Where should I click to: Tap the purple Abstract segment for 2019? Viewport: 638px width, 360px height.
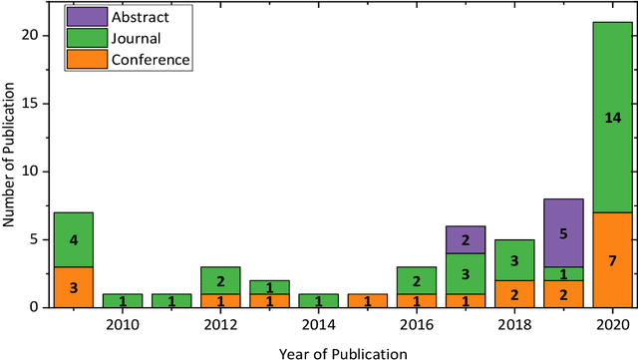click(x=562, y=232)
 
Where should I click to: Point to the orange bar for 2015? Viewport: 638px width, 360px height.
click(x=368, y=300)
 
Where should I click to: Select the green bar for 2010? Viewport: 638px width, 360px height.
click(x=122, y=300)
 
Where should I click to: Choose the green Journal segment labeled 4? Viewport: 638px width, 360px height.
click(x=73, y=239)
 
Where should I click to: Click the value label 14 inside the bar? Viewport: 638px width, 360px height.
click(x=612, y=118)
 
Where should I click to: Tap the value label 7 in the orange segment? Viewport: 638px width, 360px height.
click(x=612, y=260)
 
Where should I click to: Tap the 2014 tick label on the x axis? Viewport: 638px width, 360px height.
click(x=319, y=324)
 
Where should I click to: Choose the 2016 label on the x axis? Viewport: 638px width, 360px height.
click(x=417, y=324)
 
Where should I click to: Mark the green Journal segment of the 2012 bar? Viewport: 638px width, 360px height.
click(x=220, y=280)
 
